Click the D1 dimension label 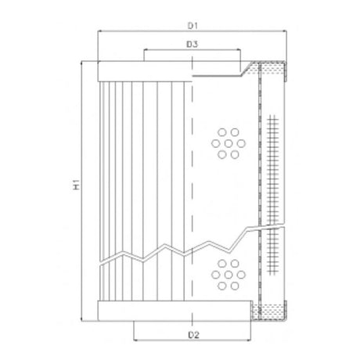click(x=192, y=26)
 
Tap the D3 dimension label click(x=192, y=45)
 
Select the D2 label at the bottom click(x=192, y=335)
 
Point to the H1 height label click(x=75, y=185)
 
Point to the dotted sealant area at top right click(x=274, y=71)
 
